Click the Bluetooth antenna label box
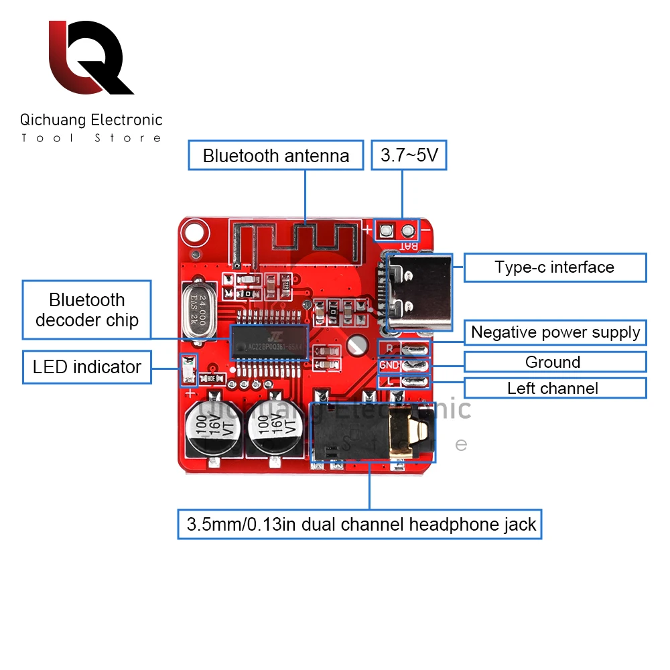point(276,156)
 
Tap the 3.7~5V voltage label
point(409,156)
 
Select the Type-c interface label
point(555,267)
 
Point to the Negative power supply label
point(555,332)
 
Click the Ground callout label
point(555,362)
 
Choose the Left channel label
point(555,389)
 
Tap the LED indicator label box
point(87,367)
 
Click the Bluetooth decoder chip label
point(87,310)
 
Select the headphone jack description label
point(360,525)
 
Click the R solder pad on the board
point(414,348)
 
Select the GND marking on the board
point(390,366)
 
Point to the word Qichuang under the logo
point(54,120)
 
